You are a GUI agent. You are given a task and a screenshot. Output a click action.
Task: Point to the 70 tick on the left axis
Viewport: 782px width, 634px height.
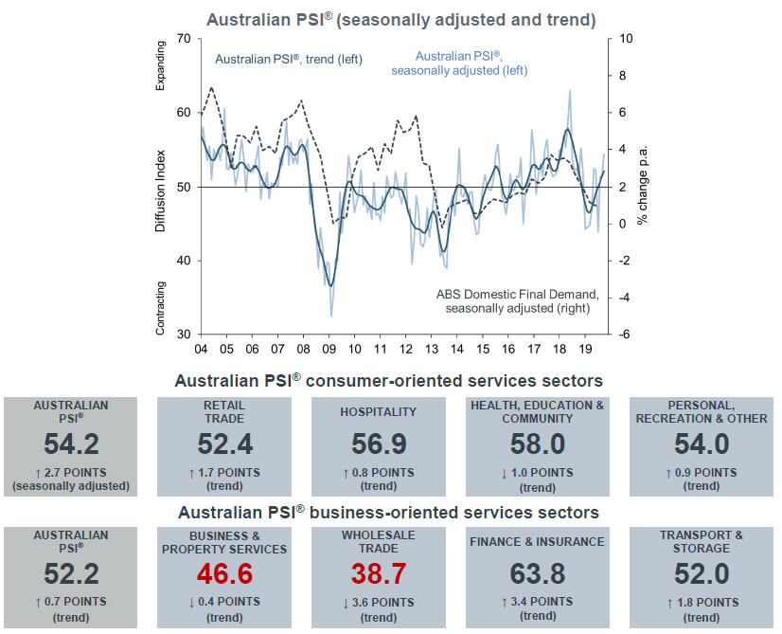tap(183, 40)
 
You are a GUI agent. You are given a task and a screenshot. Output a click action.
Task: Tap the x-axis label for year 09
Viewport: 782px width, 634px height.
tap(330, 349)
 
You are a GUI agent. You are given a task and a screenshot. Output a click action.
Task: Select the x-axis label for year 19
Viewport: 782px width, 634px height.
tap(585, 349)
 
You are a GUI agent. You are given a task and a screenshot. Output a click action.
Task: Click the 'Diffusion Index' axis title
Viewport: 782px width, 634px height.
tap(162, 187)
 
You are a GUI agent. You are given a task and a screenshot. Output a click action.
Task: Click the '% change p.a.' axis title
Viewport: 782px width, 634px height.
tap(644, 188)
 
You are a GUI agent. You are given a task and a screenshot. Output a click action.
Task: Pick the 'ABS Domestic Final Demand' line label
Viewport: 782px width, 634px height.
tap(517, 300)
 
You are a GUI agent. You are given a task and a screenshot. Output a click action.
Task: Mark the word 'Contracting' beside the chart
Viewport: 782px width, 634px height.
tap(160, 309)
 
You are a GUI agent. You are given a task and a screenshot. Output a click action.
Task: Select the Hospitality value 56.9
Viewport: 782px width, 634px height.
tap(378, 444)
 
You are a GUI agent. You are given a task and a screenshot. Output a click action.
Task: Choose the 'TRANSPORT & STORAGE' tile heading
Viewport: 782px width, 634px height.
tap(702, 541)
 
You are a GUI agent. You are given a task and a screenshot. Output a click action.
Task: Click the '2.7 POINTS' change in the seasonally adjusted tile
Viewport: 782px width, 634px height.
tap(75, 473)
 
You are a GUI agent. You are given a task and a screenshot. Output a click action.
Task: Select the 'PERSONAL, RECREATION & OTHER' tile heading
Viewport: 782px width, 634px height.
tap(702, 412)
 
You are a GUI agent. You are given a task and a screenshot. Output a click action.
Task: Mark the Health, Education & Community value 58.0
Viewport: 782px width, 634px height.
tap(537, 444)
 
